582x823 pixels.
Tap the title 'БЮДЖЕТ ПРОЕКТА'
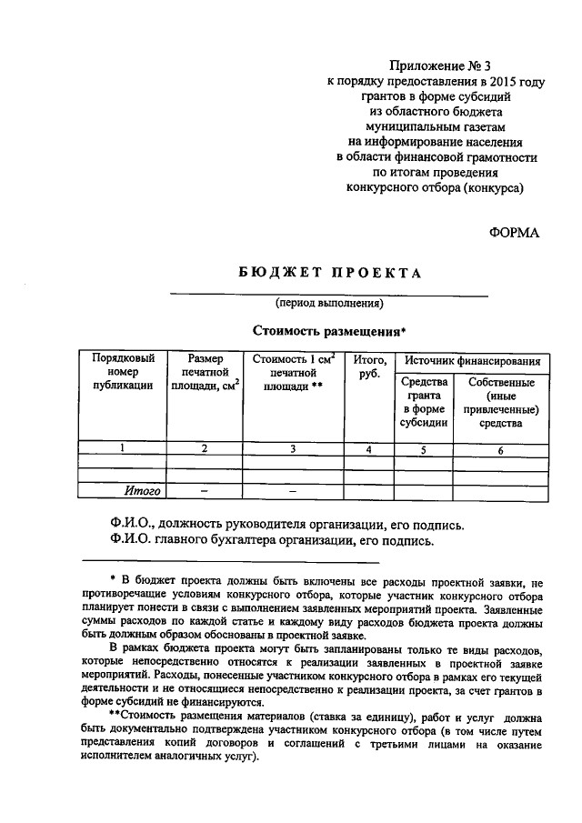tap(330, 273)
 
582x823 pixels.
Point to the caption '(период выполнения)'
tap(329, 303)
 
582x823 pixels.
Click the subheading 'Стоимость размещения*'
tap(328, 331)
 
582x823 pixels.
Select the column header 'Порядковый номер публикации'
tap(123, 372)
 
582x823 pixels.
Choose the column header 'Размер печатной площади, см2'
tap(206, 372)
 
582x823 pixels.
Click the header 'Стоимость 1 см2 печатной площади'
tap(293, 372)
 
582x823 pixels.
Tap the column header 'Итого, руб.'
tap(368, 366)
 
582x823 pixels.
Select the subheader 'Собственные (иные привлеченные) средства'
tap(501, 402)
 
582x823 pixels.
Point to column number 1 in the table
tap(123, 448)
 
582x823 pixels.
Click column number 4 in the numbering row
tap(368, 449)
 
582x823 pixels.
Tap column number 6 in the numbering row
tap(501, 449)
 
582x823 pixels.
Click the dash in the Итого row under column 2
tap(205, 492)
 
